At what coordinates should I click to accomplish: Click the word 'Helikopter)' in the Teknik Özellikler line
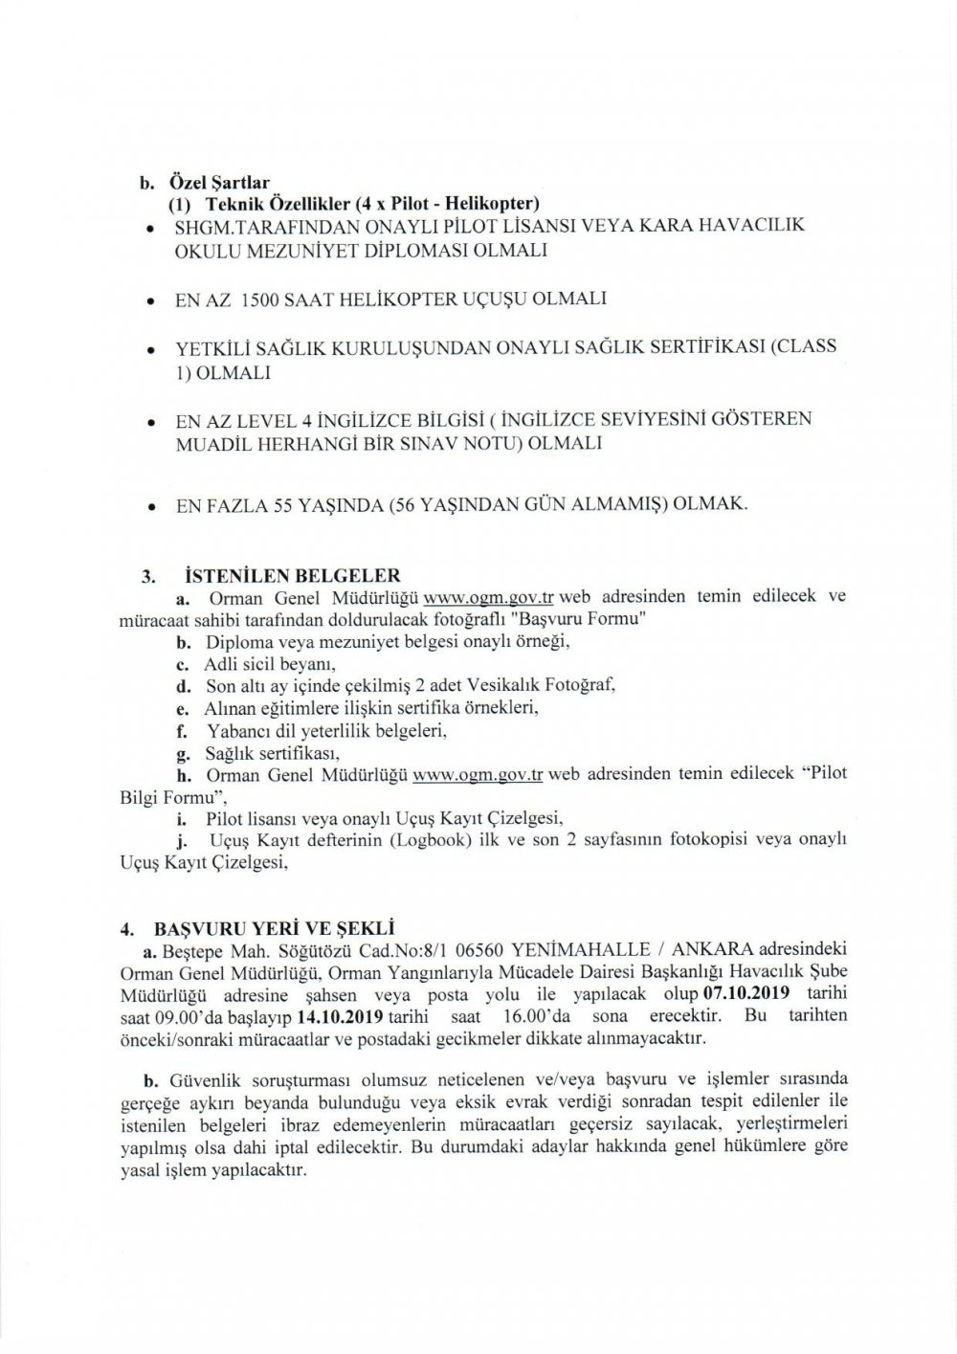point(495,203)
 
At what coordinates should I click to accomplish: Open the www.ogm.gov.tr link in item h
point(477,775)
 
